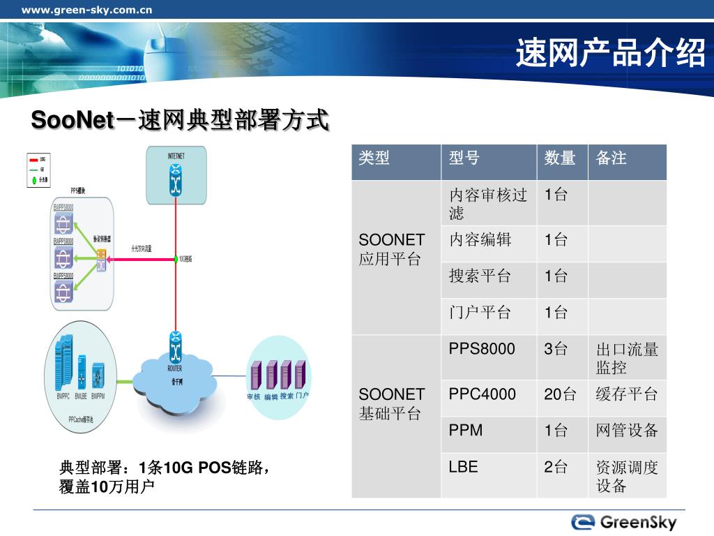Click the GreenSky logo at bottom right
pyautogui.click(x=624, y=522)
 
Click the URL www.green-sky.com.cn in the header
pyautogui.click(x=87, y=10)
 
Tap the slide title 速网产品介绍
pyautogui.click(x=611, y=53)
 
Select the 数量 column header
pyautogui.click(x=560, y=158)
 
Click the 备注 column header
pyautogui.click(x=612, y=158)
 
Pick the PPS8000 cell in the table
pyautogui.click(x=482, y=349)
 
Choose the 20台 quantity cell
pyautogui.click(x=560, y=394)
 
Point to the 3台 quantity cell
pyautogui.click(x=556, y=349)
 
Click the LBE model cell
pyautogui.click(x=464, y=467)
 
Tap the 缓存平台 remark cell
pyautogui.click(x=627, y=394)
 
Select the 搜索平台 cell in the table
pyautogui.click(x=480, y=276)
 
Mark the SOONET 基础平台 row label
pyautogui.click(x=391, y=404)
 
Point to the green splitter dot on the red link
pyautogui.click(x=175, y=259)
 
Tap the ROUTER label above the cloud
pyautogui.click(x=175, y=368)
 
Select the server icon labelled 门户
pyautogui.click(x=301, y=375)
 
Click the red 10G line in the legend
pyautogui.click(x=33, y=159)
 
